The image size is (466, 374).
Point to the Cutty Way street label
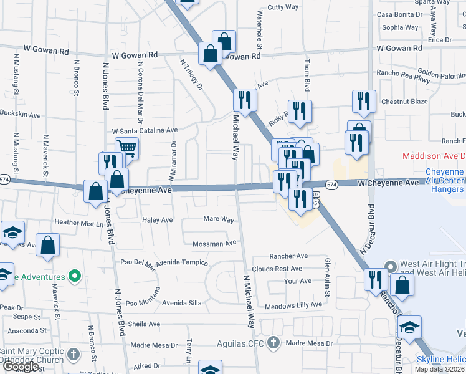[283, 7]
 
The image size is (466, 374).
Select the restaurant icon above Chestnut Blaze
[363, 100]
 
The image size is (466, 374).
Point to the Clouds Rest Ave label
[277, 269]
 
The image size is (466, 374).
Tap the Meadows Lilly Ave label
[293, 305]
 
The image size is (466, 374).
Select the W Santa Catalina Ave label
[145, 131]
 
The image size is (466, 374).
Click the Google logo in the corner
[20, 367]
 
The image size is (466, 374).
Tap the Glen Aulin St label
[328, 276]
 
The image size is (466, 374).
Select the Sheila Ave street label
[144, 324]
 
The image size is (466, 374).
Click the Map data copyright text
[439, 369]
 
